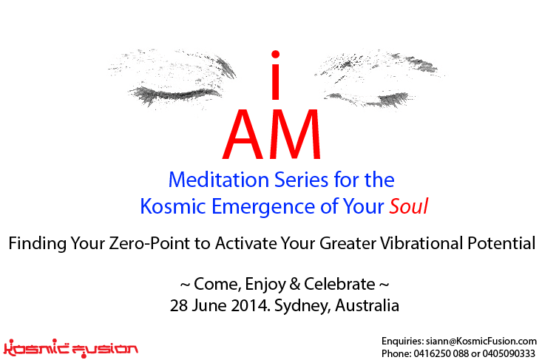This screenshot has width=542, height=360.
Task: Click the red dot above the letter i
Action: tap(276, 55)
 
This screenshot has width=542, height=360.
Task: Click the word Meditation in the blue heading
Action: tap(219, 180)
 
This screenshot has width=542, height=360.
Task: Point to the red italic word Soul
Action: tap(409, 206)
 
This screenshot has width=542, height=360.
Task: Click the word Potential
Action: tap(501, 243)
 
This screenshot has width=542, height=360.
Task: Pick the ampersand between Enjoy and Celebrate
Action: tap(295, 284)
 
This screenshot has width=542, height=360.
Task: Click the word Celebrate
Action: tap(339, 284)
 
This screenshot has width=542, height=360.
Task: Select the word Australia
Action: tap(367, 305)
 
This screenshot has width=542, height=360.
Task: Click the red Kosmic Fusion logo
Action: tap(71, 348)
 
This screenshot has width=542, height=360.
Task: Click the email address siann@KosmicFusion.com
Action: tap(481, 342)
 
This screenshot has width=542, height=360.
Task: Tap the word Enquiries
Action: tap(403, 342)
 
